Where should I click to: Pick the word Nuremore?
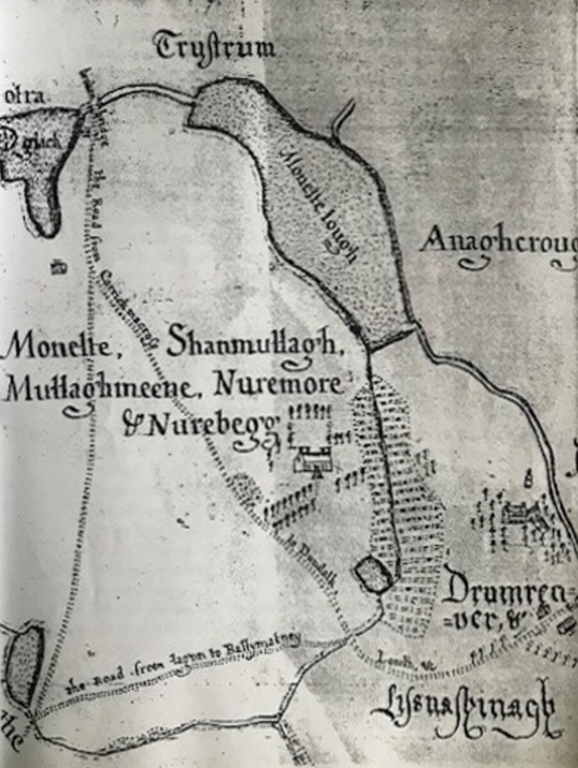point(277,386)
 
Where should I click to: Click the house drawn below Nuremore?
point(312,460)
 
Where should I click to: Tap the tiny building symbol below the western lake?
point(59,268)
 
